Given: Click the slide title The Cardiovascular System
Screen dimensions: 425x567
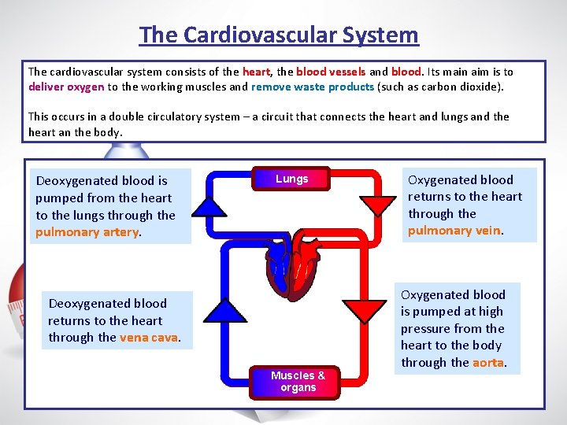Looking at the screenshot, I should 279,35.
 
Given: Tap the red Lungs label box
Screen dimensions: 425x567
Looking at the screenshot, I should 291,179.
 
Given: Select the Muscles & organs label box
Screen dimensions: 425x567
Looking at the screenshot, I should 298,382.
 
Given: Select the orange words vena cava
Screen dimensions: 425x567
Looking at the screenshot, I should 149,338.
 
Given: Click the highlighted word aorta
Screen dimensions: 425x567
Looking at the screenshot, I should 487,363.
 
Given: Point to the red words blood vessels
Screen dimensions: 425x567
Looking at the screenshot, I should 331,71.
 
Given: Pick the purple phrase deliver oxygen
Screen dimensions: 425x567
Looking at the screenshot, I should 66,87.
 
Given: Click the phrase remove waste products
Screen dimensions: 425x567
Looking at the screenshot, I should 312,87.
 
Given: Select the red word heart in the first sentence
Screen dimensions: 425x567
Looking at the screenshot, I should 256,71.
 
